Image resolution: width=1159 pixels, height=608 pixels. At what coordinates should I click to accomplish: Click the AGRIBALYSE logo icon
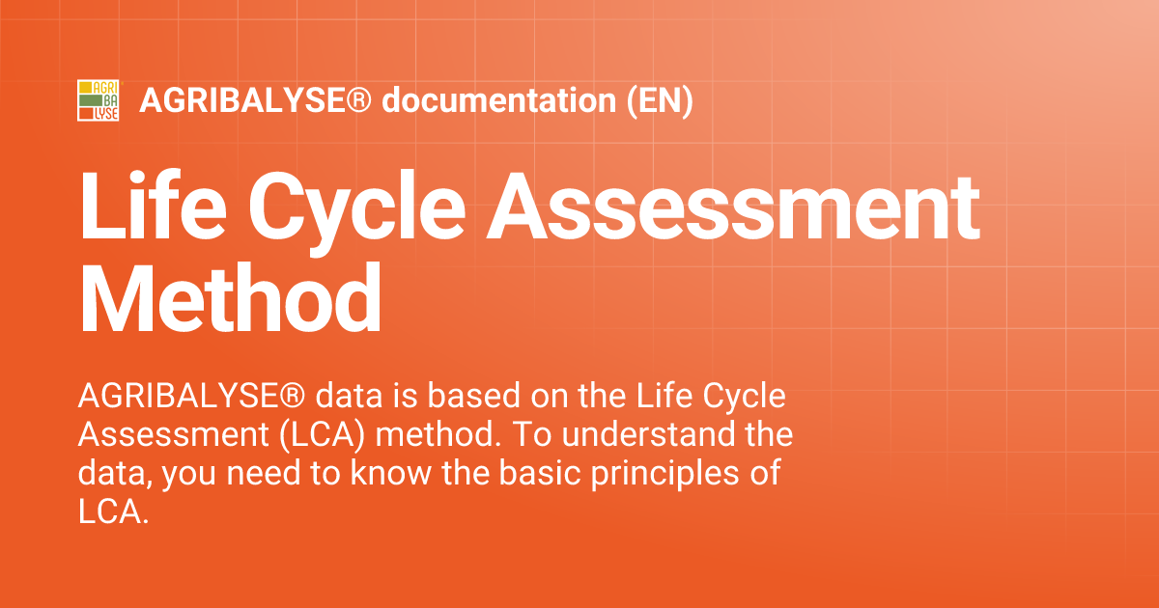point(99,101)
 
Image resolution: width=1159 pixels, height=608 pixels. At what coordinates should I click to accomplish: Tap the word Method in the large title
point(230,297)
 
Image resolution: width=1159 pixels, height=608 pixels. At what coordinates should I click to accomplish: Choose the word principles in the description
point(669,474)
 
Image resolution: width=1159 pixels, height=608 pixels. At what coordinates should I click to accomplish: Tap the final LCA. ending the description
point(114,512)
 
